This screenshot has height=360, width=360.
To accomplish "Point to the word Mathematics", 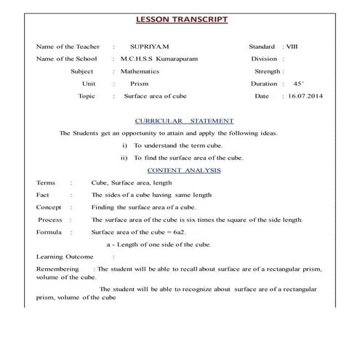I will [x=145, y=71].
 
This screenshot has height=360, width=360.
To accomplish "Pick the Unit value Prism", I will [x=139, y=84].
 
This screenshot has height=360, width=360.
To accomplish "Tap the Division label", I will [x=266, y=58].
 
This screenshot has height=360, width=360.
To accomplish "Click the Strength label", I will [x=268, y=71].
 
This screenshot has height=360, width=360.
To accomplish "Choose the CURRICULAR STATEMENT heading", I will [x=184, y=121].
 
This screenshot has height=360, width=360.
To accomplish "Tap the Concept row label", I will [x=49, y=207].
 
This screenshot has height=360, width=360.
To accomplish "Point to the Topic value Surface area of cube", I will [x=156, y=96].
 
